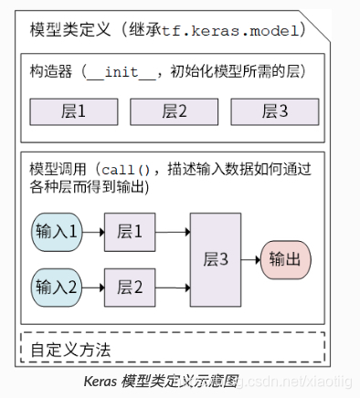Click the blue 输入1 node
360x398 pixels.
pyautogui.click(x=57, y=229)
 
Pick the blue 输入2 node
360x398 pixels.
pyautogui.click(x=57, y=287)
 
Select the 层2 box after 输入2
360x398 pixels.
pyautogui.click(x=130, y=287)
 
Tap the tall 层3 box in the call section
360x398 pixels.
pyautogui.click(x=215, y=258)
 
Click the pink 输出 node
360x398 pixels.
pyautogui.click(x=286, y=259)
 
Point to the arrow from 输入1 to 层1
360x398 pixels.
pyautogui.click(x=94, y=230)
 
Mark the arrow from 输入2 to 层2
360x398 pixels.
pyautogui.click(x=94, y=287)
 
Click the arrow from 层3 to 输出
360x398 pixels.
pyautogui.click(x=251, y=259)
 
